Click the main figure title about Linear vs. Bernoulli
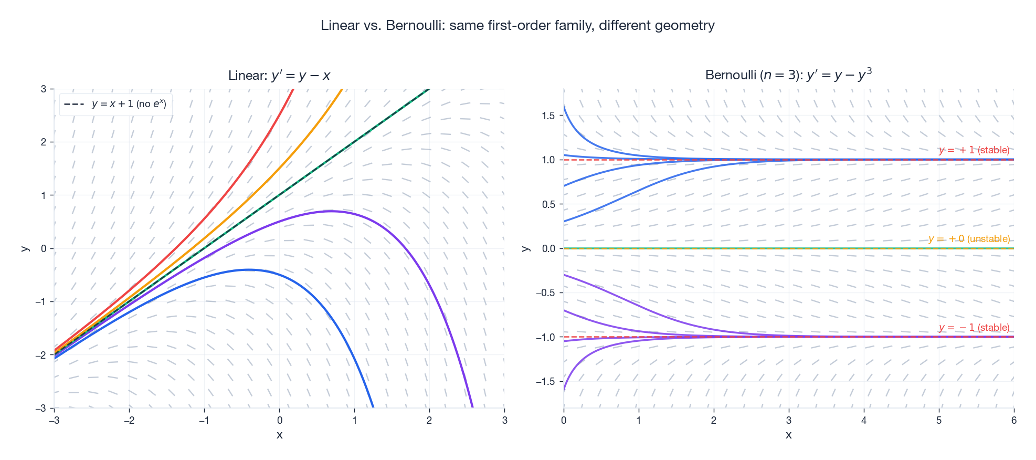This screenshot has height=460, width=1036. (517, 25)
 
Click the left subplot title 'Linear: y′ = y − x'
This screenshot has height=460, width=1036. (279, 76)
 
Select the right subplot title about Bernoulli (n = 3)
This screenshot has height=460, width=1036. (788, 75)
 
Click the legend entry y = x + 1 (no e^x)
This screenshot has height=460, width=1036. (129, 104)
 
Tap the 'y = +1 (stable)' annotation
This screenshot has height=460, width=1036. (974, 150)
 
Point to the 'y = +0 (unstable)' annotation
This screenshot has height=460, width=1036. (969, 239)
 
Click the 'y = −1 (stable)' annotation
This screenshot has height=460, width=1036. (974, 328)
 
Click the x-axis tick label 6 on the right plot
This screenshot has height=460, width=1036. (1014, 420)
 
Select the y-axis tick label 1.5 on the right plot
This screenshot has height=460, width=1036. (548, 116)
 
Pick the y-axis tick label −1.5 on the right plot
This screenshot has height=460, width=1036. (546, 382)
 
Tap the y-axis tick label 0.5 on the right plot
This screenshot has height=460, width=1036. (548, 204)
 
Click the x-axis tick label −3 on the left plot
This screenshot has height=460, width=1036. (54, 420)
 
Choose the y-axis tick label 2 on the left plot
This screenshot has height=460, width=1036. (44, 142)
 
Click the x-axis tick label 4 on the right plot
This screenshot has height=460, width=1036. (864, 420)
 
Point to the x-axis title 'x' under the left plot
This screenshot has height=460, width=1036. (279, 435)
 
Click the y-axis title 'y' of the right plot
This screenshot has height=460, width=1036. (525, 248)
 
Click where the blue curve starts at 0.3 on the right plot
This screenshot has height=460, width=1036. (565, 221)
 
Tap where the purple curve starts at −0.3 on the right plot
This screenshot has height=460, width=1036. (565, 275)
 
